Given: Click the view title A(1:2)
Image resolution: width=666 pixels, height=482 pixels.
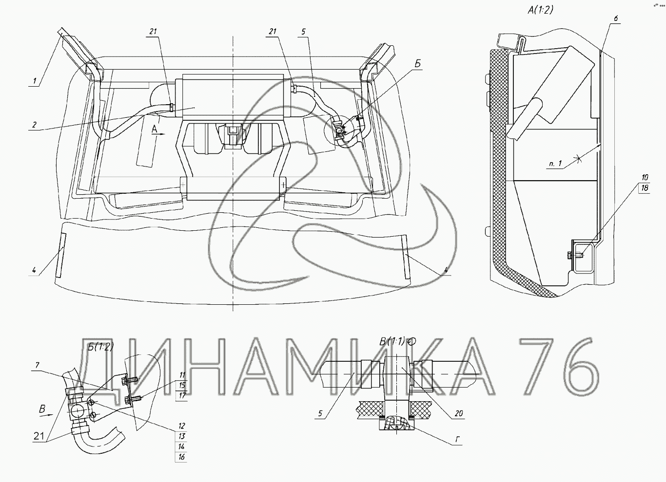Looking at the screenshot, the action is point(540,10).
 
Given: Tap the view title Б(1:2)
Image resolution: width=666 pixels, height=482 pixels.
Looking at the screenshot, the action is point(101,346).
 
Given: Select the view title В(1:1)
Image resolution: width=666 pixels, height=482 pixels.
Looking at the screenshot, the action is point(392,341).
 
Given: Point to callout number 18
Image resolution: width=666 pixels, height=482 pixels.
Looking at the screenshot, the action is point(645,188).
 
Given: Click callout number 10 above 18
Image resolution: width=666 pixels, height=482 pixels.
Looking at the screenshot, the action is point(645,178).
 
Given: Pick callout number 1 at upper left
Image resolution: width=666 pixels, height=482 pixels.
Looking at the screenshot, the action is point(35,80).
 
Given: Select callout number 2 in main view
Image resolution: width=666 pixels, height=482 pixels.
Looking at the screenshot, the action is point(35,125).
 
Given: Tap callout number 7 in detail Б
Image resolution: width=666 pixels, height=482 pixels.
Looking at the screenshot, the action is point(37,365).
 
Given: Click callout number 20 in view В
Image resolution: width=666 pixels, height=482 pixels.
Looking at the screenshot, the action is point(458,413).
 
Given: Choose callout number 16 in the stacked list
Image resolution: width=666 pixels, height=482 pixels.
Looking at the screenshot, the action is point(182,457).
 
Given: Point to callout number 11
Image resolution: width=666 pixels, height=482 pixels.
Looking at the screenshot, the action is point(182,375).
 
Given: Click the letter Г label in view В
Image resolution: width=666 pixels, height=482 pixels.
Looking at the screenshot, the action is point(458,439).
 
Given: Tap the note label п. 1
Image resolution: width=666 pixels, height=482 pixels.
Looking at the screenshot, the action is point(555,163).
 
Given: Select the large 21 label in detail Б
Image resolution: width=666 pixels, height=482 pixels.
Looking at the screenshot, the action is point(39,436).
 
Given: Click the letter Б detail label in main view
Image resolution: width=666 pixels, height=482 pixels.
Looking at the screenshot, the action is point(418,64).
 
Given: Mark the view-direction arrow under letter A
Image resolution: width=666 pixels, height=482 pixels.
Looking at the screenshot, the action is point(160,134).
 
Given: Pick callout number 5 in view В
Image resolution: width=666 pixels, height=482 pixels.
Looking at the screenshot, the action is point(320,413).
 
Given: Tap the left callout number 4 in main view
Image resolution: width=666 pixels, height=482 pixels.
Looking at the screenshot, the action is point(34,270).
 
